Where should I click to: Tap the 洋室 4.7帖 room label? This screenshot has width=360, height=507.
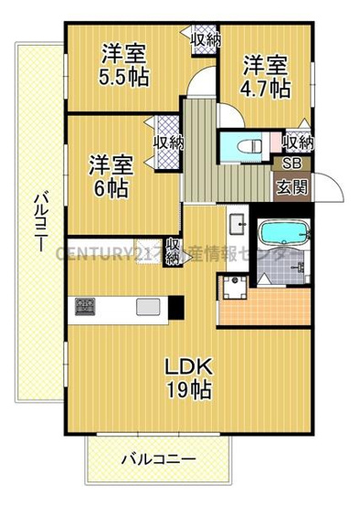266,77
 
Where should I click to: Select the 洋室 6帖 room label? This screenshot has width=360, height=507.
111,177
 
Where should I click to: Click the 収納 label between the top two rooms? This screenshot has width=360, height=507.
205,39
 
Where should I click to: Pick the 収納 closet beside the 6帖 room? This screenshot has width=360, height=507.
168,143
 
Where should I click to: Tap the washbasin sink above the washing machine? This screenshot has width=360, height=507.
235,223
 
